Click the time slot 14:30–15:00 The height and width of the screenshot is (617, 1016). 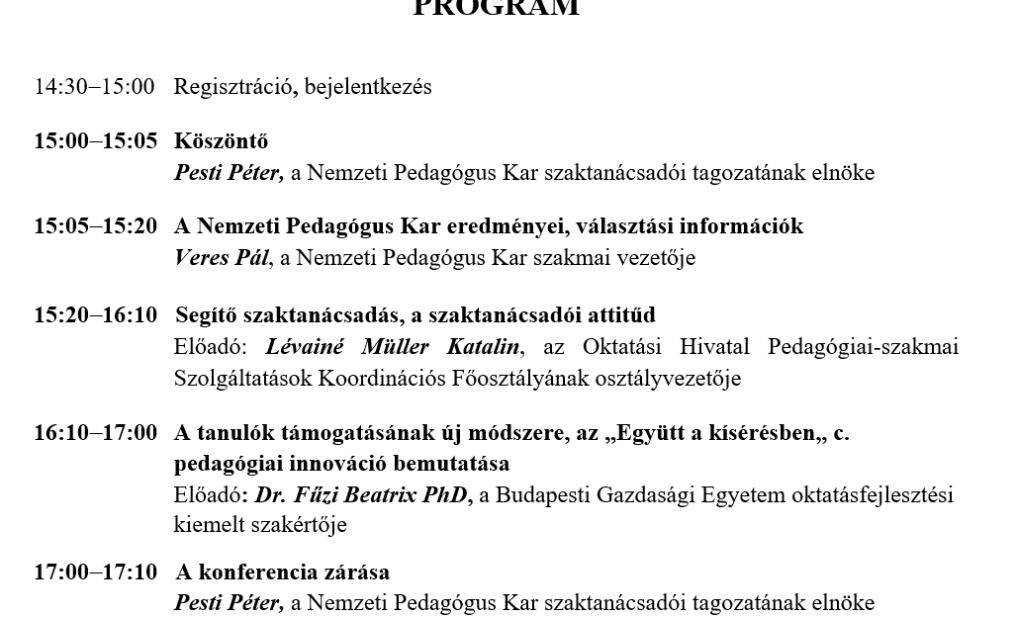(94, 87)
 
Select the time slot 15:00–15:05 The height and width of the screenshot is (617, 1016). (95, 141)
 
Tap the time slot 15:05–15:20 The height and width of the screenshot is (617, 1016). (95, 226)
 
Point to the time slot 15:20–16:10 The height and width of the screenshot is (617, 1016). (95, 315)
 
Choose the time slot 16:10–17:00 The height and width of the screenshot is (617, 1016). (95, 432)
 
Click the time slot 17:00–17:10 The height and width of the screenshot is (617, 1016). (95, 573)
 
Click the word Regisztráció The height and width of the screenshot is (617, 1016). (233, 87)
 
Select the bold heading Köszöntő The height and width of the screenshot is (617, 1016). (221, 141)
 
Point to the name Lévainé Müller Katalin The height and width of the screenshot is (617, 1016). (392, 347)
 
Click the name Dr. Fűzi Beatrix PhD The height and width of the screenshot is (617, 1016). (362, 494)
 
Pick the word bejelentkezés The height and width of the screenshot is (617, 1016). (368, 87)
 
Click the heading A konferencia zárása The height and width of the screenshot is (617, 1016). (282, 573)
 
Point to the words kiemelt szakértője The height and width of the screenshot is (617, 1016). (260, 525)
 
